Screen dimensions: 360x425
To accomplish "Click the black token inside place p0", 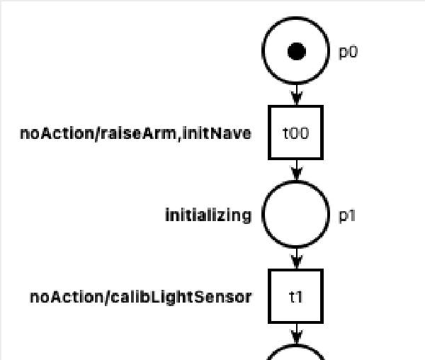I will (297, 52).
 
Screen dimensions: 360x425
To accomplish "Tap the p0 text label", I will (347, 52).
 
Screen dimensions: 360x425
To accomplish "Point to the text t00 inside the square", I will (296, 133).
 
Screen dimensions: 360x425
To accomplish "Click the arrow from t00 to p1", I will (297, 171).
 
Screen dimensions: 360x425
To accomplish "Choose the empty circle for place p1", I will (297, 215).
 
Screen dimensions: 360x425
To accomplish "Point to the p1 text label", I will (347, 215).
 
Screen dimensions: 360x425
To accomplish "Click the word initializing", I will (208, 215).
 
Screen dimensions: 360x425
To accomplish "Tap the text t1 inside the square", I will (296, 296).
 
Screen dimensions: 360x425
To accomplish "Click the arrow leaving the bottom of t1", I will (297, 333).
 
